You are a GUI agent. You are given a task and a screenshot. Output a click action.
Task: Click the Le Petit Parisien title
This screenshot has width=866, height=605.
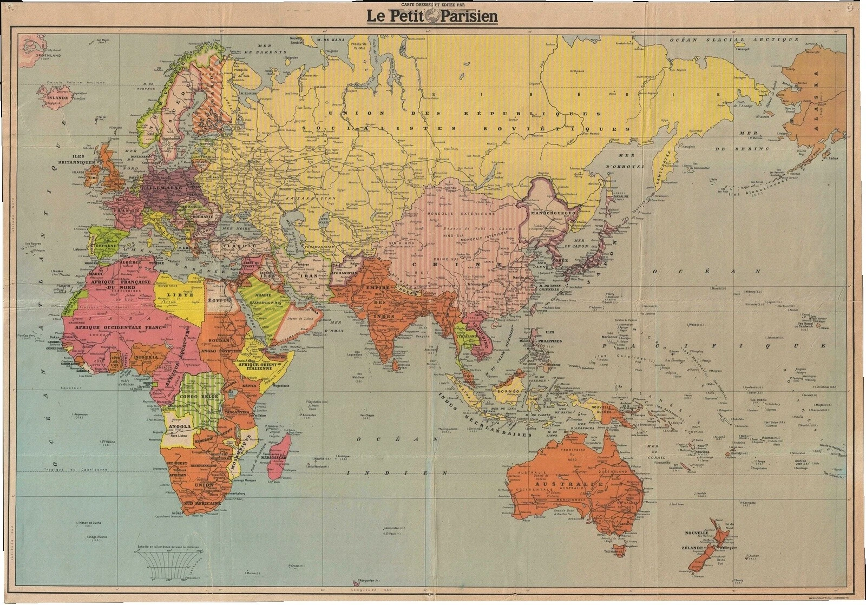pos(432,16)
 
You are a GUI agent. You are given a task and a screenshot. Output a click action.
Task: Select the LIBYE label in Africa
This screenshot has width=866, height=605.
pos(176,296)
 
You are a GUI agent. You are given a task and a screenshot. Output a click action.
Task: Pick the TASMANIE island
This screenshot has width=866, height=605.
pos(618,553)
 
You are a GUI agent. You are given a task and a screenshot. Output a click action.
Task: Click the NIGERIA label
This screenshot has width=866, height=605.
pos(148,357)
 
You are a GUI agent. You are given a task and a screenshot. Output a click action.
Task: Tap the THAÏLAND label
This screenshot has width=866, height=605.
pos(466,336)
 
